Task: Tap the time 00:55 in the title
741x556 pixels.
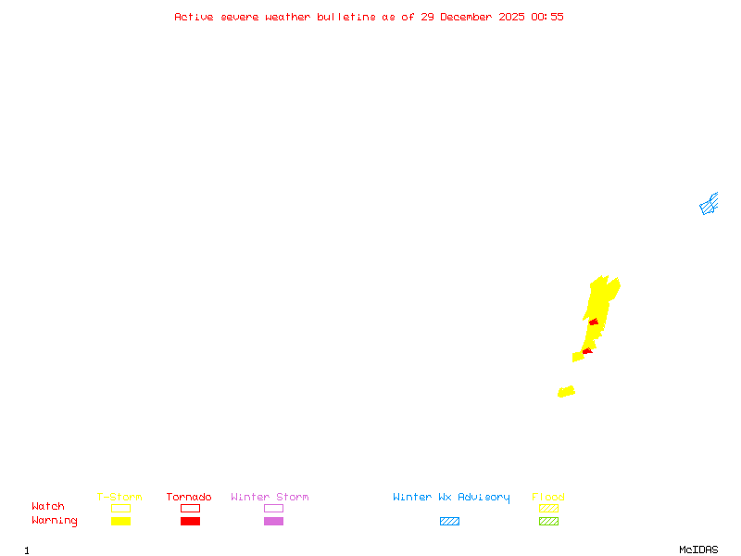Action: coord(547,17)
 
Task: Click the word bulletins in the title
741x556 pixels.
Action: coord(346,17)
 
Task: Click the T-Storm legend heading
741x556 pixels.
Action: coord(119,498)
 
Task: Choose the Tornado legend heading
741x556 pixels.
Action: coord(189,498)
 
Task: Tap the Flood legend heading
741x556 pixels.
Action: coord(548,498)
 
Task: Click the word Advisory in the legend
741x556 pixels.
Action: coord(484,498)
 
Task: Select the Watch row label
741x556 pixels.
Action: coord(48,507)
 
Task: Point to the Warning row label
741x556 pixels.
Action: coord(55,521)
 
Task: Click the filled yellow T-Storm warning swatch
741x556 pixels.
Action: coord(120,522)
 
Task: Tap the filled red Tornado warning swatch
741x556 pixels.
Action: coord(190,522)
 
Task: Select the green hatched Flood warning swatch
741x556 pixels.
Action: coord(548,522)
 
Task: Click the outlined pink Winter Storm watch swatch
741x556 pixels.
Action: coord(273,508)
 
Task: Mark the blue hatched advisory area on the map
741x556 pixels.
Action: coord(709,205)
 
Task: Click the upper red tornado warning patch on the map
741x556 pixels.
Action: coord(594,322)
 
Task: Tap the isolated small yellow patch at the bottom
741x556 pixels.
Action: coord(566,392)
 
